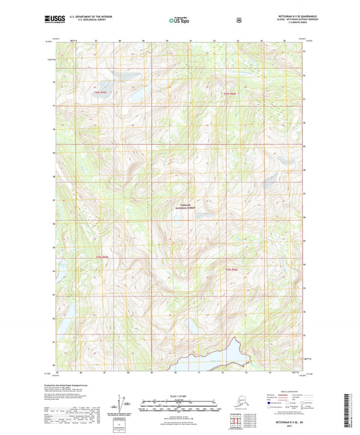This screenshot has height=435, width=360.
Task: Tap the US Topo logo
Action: click(x=179, y=21)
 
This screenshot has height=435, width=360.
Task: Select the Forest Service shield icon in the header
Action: click(x=238, y=20)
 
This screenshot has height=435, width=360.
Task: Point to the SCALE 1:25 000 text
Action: click(x=180, y=395)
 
